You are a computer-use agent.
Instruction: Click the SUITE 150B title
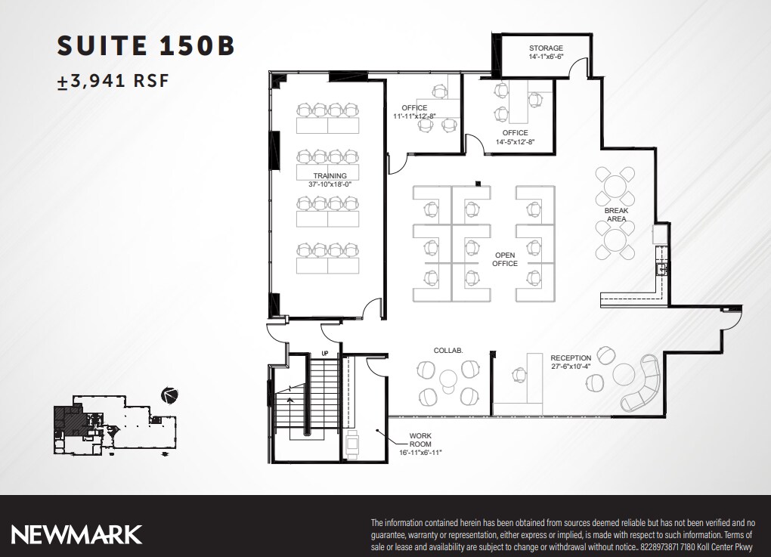coord(146,45)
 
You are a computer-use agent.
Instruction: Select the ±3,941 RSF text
coord(113,82)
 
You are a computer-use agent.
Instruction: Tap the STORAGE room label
coord(546,48)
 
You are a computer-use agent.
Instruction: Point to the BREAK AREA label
coord(616,215)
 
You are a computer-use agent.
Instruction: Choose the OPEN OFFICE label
coord(505,259)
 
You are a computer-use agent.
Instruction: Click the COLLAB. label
coord(447,351)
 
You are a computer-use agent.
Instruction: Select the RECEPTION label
coord(571,357)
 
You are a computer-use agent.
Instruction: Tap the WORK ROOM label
coord(420,440)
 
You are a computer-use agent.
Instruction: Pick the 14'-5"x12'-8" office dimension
coord(515,141)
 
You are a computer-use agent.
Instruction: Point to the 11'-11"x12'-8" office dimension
coord(414,116)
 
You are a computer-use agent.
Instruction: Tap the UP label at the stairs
coord(325,353)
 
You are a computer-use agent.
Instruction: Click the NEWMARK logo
coord(76,534)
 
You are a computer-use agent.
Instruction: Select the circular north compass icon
coord(169,395)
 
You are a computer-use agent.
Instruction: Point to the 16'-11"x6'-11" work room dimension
coord(420,452)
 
